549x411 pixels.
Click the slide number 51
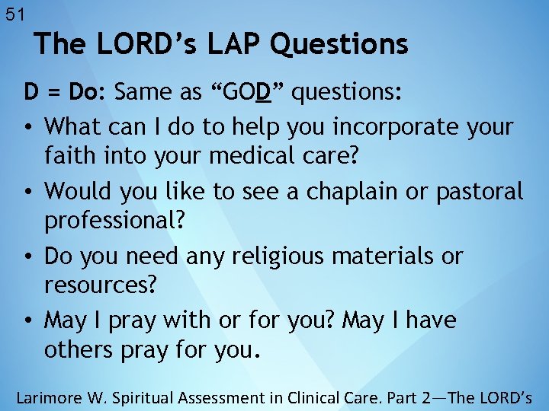pos(15,14)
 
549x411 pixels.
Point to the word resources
pos(101,287)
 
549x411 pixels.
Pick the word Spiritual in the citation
pos(152,397)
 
